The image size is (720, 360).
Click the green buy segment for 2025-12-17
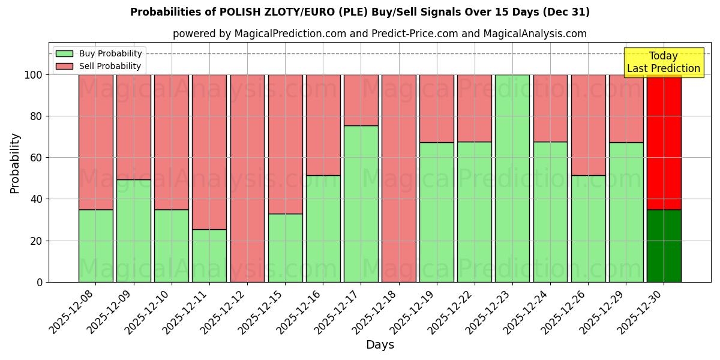click(x=361, y=204)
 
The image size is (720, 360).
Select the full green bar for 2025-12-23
click(x=512, y=178)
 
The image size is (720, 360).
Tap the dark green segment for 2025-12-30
click(x=664, y=246)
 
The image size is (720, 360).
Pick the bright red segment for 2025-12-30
click(x=664, y=142)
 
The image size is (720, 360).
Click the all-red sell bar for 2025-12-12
click(x=247, y=178)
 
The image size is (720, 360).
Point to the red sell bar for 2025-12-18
click(x=398, y=178)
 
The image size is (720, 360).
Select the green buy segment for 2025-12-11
click(x=209, y=256)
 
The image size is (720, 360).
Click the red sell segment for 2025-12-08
click(x=96, y=142)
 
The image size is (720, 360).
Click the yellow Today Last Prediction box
click(x=663, y=62)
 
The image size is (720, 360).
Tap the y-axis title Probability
click(x=15, y=163)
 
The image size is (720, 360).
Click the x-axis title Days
click(x=380, y=345)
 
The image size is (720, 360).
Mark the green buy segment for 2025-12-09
click(x=134, y=231)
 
